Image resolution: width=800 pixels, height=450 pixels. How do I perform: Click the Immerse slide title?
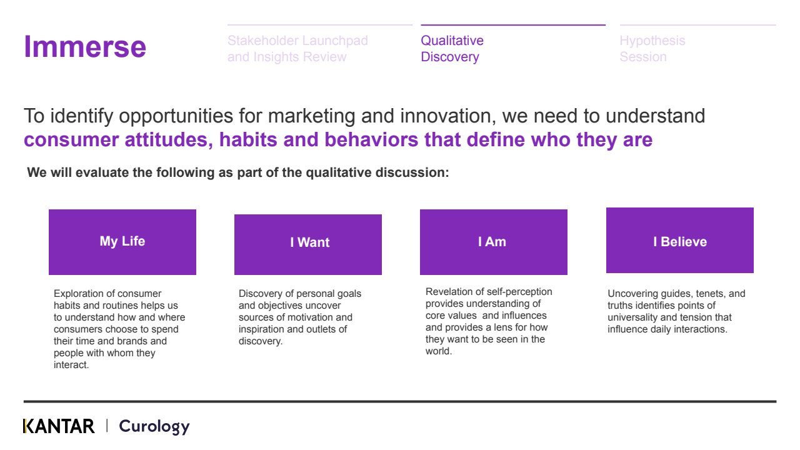(85, 47)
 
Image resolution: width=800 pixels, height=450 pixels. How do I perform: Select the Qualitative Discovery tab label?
(452, 49)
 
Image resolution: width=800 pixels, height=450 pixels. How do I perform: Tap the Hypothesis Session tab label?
(652, 49)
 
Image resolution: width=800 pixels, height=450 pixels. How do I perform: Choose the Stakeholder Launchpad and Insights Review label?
(297, 49)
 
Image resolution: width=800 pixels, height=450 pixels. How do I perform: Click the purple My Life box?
(122, 242)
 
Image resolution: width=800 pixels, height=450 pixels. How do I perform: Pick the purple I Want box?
(308, 244)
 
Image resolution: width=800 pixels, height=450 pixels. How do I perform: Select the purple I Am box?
(494, 242)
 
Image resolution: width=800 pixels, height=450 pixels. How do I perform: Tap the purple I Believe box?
(680, 241)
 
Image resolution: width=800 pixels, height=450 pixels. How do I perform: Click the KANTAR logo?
(59, 426)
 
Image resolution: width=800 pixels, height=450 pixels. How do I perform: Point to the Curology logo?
(154, 427)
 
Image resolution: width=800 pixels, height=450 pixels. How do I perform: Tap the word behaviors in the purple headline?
(371, 139)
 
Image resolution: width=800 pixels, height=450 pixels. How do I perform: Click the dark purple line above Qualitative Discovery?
(513, 25)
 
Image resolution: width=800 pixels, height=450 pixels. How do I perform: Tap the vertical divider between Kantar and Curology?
(107, 426)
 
